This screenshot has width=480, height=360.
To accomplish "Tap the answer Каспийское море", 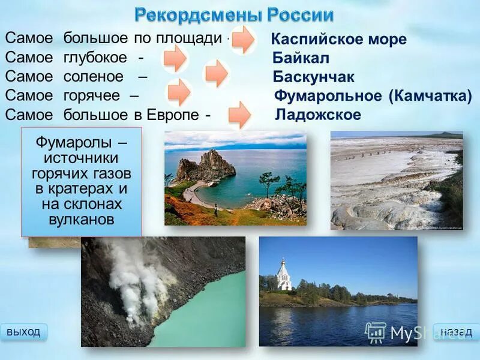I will pos(339,40).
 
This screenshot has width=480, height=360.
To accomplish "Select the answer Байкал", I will pos(301,59).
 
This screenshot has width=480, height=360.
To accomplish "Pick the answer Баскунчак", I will pos(313,77).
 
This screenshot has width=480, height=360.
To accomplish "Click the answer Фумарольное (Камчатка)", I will pos(373,96).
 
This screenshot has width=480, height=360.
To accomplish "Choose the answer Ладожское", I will pos(318,115).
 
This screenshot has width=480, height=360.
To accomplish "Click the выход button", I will pos(24,332).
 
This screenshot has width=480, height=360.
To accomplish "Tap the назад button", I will pos(456,332).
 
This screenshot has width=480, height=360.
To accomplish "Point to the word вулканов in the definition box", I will pos(80,218).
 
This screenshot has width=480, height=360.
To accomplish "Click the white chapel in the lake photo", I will pos(284,275).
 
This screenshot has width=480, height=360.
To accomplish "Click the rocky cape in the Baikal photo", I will pos(201,166).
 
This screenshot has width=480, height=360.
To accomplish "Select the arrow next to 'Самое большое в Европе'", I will pos(239,114).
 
